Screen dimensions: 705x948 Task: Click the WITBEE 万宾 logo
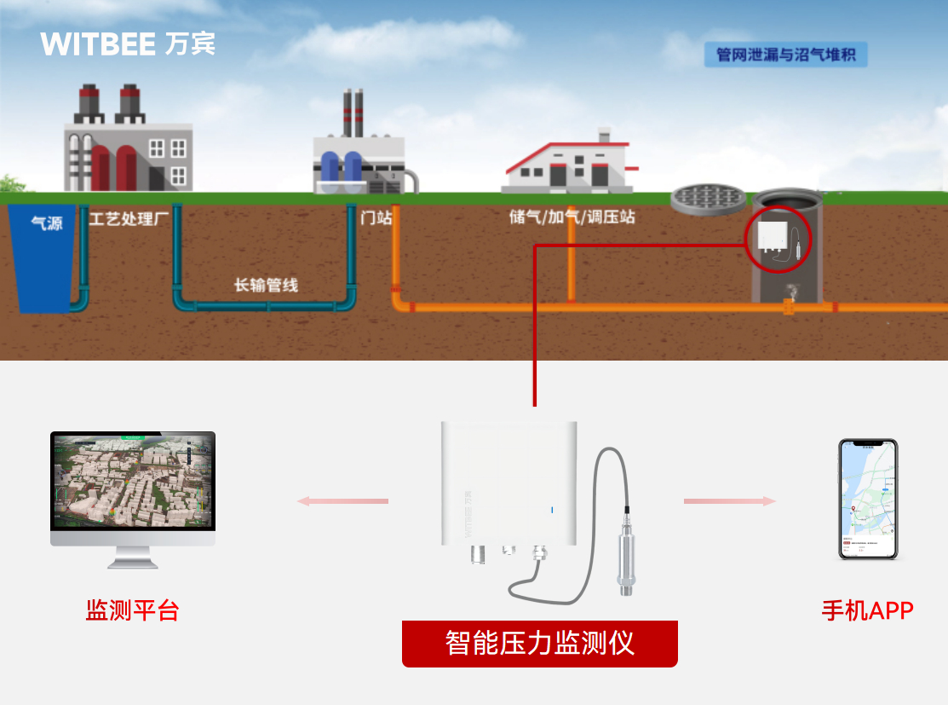coord(128,44)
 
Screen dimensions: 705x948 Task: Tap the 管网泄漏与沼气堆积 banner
coord(785,55)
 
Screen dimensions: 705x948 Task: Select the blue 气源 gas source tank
coord(41,256)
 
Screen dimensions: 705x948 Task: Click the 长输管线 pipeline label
coord(266,285)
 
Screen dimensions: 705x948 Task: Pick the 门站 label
coord(376,217)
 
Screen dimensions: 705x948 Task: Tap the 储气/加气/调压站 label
coord(572,217)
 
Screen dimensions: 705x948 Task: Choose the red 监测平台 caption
coord(132,610)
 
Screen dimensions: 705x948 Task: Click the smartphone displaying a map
coord(867,500)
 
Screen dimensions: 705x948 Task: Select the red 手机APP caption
coord(867,610)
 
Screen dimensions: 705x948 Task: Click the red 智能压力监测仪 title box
coord(539,643)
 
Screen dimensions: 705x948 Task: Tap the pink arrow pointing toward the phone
coord(730,501)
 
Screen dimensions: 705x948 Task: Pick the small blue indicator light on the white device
coord(551,510)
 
